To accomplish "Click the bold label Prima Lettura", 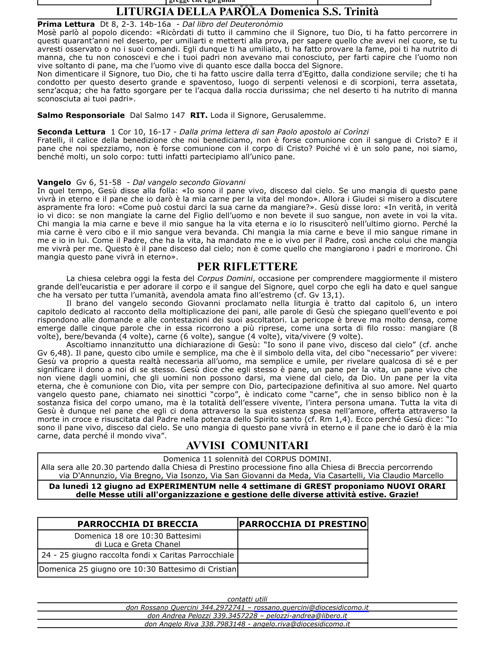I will (x=66, y=24).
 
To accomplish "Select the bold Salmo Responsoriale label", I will (x=81, y=116).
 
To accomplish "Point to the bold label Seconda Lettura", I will (x=71, y=132).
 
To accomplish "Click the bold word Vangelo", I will (x=54, y=182).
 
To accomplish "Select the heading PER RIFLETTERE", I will (x=247, y=266).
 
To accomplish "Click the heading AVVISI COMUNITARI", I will (x=247, y=445).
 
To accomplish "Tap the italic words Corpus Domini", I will (x=225, y=278).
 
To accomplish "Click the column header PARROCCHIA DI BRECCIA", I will (x=138, y=524).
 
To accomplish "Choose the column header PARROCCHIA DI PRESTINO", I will (x=303, y=524).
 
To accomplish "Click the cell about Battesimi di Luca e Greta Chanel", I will (x=138, y=540).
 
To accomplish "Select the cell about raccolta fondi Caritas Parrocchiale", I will (x=138, y=555).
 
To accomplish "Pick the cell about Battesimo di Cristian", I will (x=138, y=569).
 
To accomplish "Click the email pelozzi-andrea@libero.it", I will (x=306, y=616).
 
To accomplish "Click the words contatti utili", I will (x=247, y=599).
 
